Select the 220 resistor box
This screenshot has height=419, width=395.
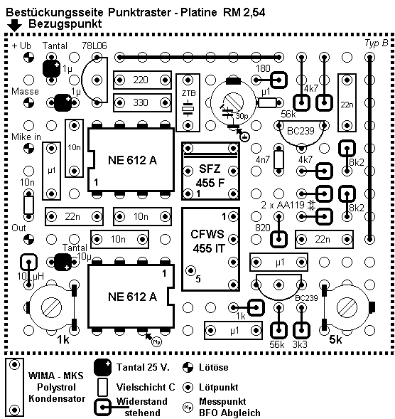tap(141, 80)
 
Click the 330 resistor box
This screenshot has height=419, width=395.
tap(141, 102)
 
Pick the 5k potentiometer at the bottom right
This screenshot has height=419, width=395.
tap(347, 307)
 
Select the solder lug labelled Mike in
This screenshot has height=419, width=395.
tap(28, 148)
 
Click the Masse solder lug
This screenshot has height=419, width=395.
tap(28, 103)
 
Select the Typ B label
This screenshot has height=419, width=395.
tap(376, 43)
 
